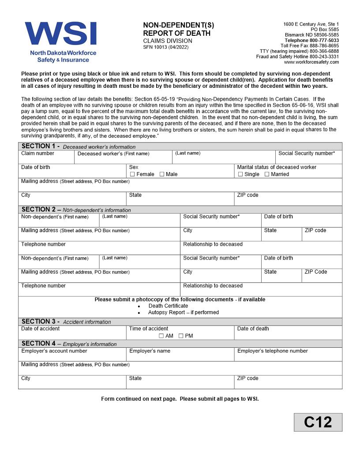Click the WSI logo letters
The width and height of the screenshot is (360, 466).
[60, 34]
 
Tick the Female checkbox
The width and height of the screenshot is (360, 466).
[132, 174]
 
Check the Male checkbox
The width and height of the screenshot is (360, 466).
[162, 174]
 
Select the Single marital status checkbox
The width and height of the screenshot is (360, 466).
[240, 174]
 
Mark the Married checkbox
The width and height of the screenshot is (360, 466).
[267, 174]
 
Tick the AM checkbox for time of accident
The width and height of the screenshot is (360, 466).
[161, 336]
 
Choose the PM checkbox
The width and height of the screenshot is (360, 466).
[181, 336]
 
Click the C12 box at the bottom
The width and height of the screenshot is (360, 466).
[318, 422]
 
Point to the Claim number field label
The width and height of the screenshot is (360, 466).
[38, 154]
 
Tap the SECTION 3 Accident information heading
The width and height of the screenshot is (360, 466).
[66, 322]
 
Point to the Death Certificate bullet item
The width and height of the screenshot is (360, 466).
[168, 306]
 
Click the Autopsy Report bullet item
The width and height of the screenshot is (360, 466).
[183, 312]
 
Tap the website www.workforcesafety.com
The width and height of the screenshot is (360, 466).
[311, 62]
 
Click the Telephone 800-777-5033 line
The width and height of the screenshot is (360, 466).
[311, 40]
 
